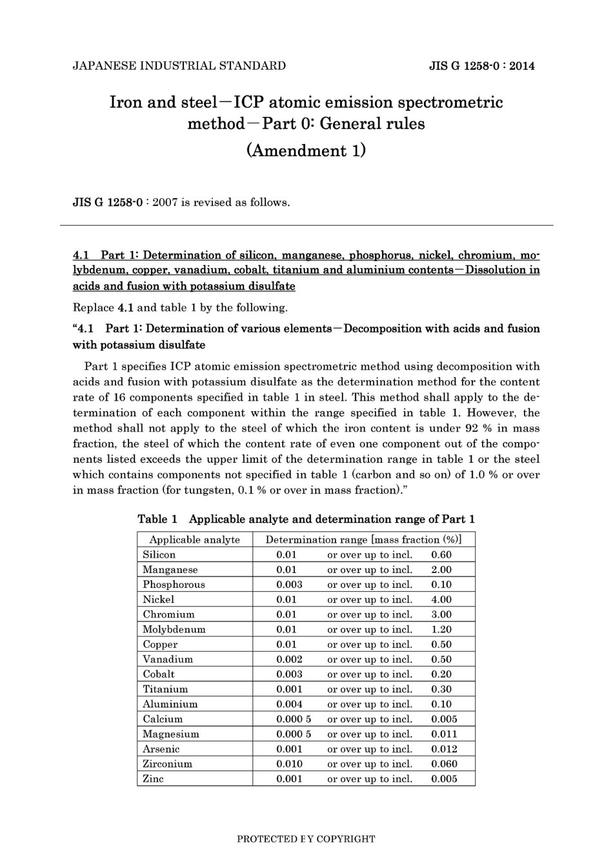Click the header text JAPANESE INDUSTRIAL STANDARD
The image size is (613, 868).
[x=179, y=66]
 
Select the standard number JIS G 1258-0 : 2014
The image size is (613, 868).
[x=481, y=66]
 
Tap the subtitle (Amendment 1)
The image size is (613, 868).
[x=306, y=150]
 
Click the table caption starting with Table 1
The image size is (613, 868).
[x=306, y=520]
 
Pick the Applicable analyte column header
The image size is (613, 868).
[x=194, y=540]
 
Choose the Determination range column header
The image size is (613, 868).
[x=363, y=540]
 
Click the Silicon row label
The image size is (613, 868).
[x=159, y=555]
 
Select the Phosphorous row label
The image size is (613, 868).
[x=174, y=585]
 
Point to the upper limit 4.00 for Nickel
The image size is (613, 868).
[x=441, y=600]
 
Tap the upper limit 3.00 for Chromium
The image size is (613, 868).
[x=441, y=614]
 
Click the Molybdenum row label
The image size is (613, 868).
[x=174, y=629]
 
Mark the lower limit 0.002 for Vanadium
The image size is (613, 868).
[x=289, y=659]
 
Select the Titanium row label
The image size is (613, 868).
[x=165, y=689]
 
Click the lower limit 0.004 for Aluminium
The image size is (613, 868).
[x=289, y=704]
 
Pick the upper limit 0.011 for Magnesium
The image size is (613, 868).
[x=444, y=734]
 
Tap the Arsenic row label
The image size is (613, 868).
[x=161, y=749]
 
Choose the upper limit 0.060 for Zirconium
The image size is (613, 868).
[x=444, y=764]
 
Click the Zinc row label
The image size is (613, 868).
[x=154, y=779]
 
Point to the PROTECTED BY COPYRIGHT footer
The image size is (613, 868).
[x=306, y=839]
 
